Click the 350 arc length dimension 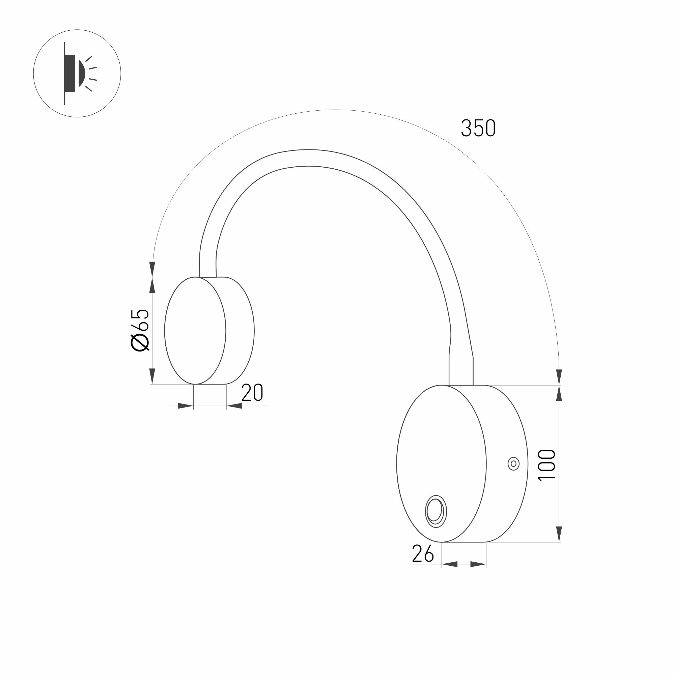pyautogui.click(x=478, y=128)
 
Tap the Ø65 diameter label pyautogui.click(x=140, y=330)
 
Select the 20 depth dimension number pyautogui.click(x=252, y=393)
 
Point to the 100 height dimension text pyautogui.click(x=547, y=466)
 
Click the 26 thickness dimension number pyautogui.click(x=423, y=554)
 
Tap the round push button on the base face pyautogui.click(x=436, y=511)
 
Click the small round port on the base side pyautogui.click(x=513, y=464)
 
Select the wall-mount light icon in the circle pyautogui.click(x=77, y=73)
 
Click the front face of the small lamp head pyautogui.click(x=195, y=330)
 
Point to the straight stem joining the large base pyautogui.click(x=461, y=370)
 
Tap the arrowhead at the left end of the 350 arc pyautogui.click(x=152, y=269)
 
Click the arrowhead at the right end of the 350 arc pyautogui.click(x=559, y=377)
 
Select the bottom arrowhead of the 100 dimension pyautogui.click(x=559, y=534)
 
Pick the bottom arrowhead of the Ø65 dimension pyautogui.click(x=152, y=376)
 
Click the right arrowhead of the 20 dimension pyautogui.click(x=234, y=406)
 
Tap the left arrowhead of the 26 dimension pyautogui.click(x=450, y=564)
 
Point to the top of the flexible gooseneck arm pyautogui.click(x=307, y=158)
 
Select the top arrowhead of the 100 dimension pyautogui.click(x=559, y=394)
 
